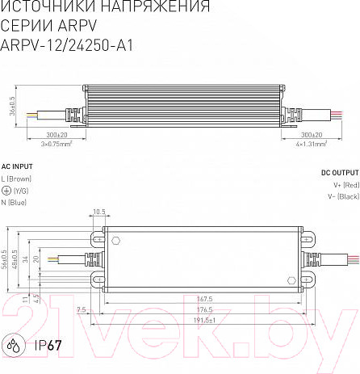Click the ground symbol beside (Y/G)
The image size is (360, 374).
coord(7,190)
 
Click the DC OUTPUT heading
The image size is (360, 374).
coord(340,173)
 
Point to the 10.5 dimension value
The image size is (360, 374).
coord(99,212)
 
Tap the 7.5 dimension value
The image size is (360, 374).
coord(82,309)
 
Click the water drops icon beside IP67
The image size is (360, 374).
coord(15,346)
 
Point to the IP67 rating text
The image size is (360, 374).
coord(48,346)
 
